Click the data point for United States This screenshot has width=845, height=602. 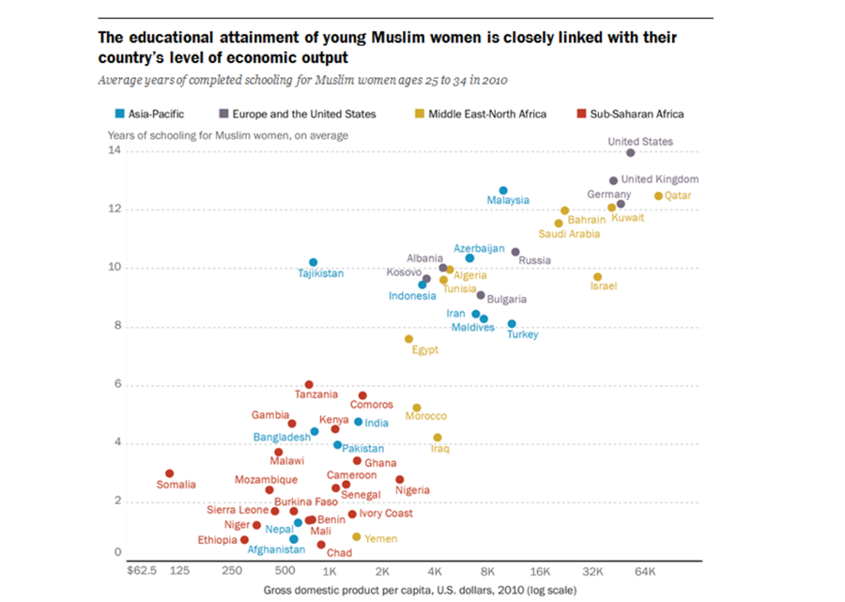coord(630,152)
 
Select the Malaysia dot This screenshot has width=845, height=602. coord(503,191)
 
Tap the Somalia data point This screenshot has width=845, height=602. coord(170,473)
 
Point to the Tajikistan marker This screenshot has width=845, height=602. coord(314,262)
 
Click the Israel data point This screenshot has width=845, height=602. coord(597,277)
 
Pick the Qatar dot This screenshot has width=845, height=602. coord(658,196)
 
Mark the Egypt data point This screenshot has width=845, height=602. coord(408,339)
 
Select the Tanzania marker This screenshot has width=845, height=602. coord(309,385)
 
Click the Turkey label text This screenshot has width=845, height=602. coord(522,334)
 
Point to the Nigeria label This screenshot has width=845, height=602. coord(412,490)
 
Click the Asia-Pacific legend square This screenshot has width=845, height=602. coord(118,114)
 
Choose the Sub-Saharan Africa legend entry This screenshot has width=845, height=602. coord(637,114)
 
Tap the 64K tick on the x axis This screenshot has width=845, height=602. coord(645,571)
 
